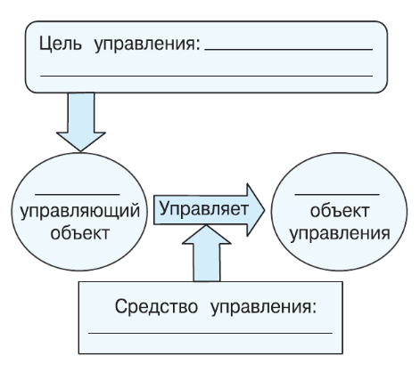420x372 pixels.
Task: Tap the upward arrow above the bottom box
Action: [203, 254]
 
